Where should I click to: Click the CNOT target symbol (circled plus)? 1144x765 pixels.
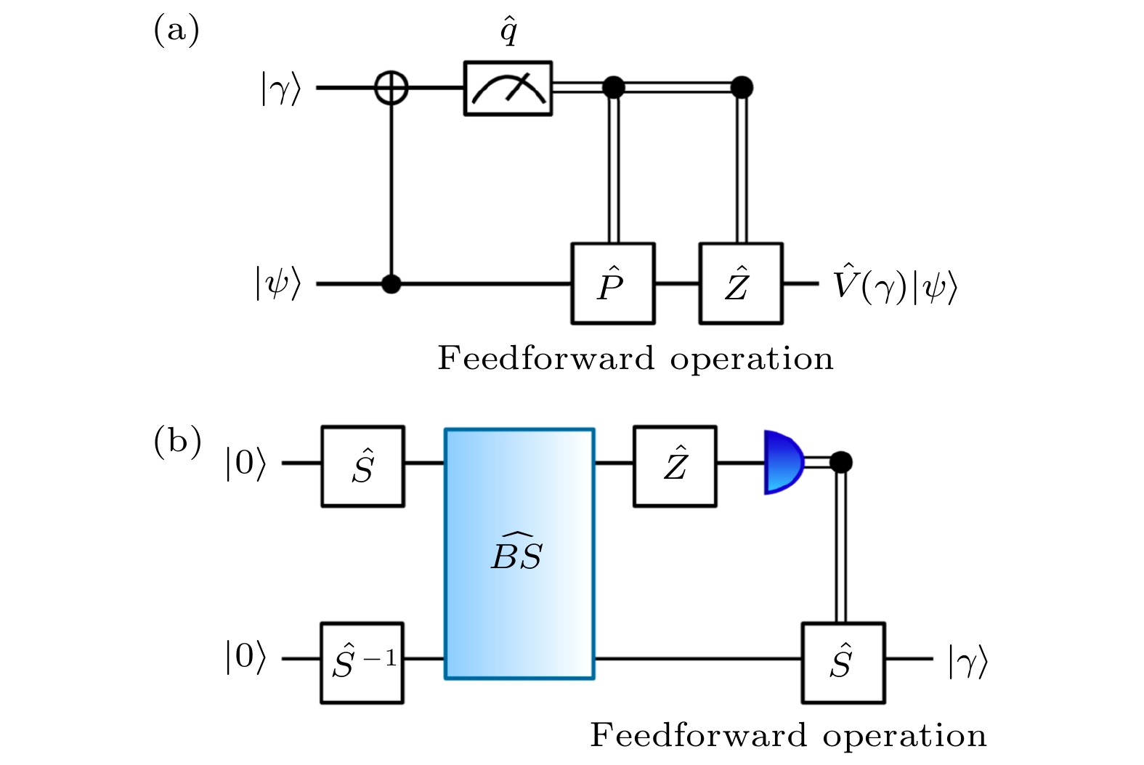tap(392, 89)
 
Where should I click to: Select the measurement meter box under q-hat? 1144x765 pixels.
tap(508, 89)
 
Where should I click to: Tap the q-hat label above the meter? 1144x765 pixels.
tap(508, 32)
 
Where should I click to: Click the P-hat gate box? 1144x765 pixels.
tap(613, 283)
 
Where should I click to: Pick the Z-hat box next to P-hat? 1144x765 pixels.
tap(741, 283)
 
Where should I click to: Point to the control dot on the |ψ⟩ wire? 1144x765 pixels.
tap(392, 283)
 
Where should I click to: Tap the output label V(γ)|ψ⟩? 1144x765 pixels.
tap(895, 285)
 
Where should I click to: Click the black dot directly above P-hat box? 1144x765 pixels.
tap(614, 88)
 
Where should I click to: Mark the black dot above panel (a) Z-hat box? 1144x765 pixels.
tap(742, 88)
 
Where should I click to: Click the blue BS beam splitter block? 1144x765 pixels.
tap(519, 554)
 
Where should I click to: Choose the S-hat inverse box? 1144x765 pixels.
tap(362, 662)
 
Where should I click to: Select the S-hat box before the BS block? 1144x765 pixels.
tap(362, 466)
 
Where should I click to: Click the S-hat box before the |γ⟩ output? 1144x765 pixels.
tap(843, 663)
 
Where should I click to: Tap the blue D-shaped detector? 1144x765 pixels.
tap(783, 462)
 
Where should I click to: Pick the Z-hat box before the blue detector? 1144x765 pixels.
tap(675, 466)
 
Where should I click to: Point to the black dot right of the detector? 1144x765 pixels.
tap(841, 462)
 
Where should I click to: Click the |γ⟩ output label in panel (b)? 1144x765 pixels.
tap(967, 661)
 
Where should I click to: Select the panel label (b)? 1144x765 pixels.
tap(177, 442)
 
